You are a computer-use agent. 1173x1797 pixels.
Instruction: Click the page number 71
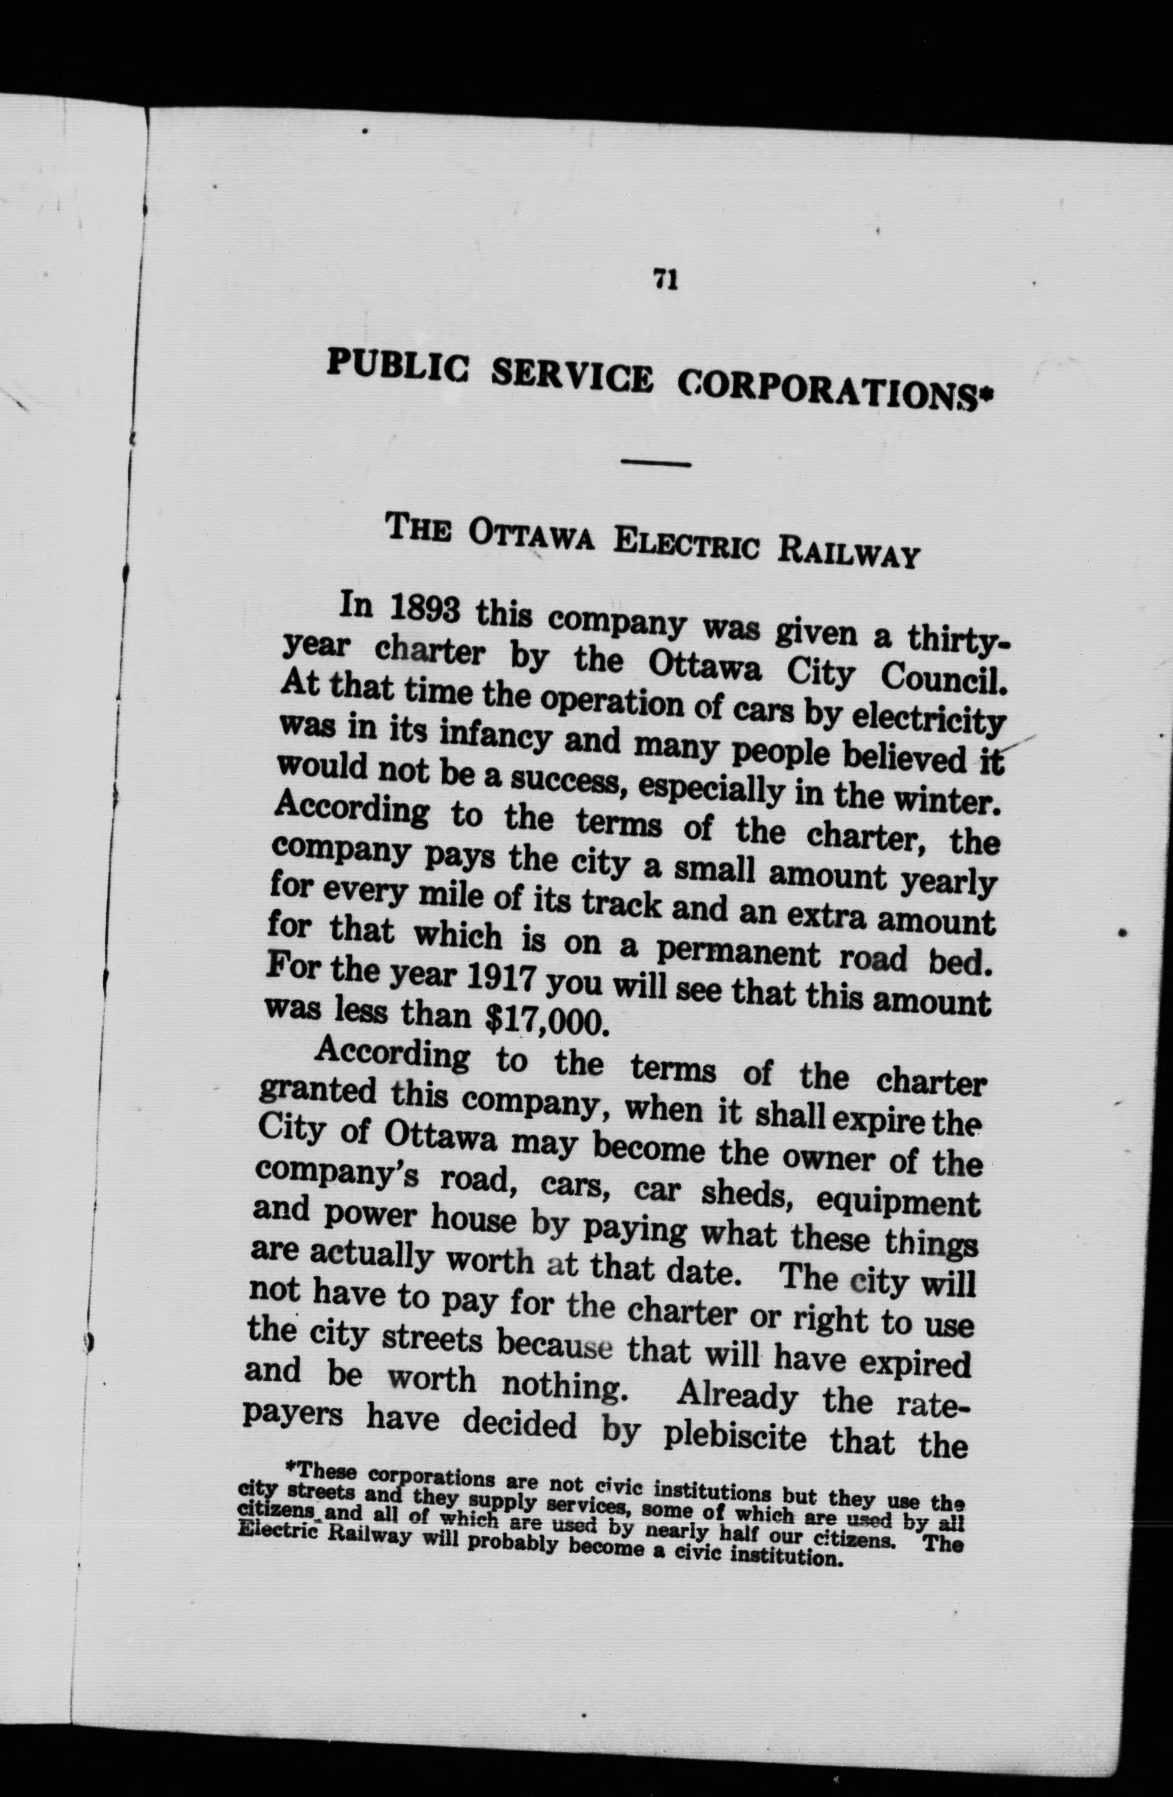pyautogui.click(x=666, y=280)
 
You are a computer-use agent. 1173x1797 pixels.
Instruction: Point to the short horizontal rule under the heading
pyautogui.click(x=656, y=462)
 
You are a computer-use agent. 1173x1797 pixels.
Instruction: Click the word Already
pyautogui.click(x=738, y=1398)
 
